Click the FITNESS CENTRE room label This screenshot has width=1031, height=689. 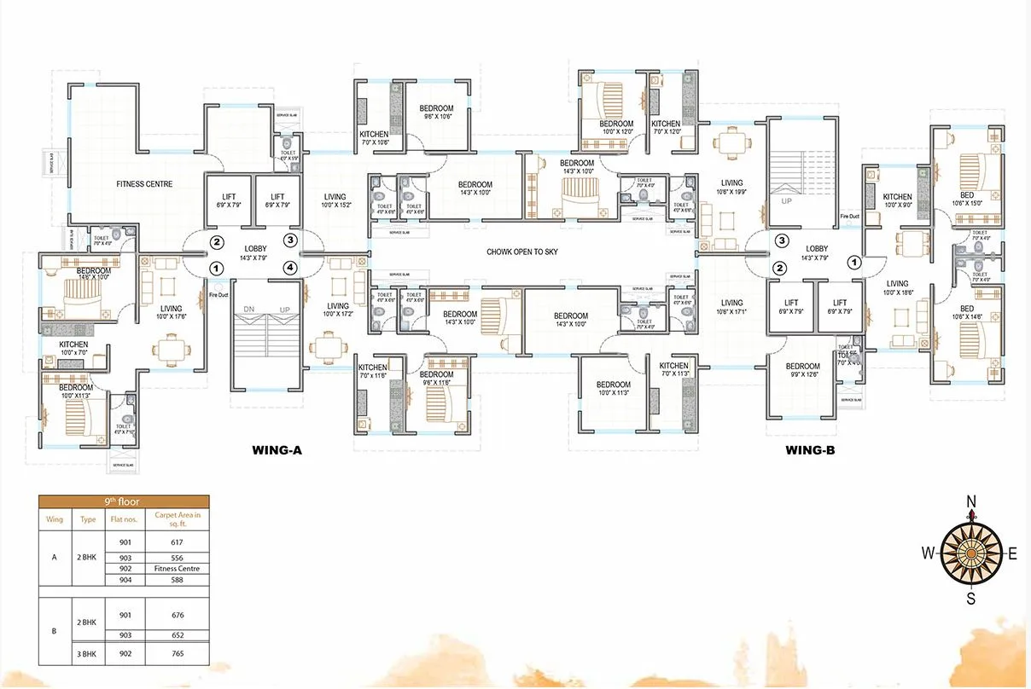coord(144,184)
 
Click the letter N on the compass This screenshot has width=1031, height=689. coord(970,501)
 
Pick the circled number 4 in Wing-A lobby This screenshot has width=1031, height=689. coord(291,268)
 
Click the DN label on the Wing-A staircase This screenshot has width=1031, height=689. coord(249,310)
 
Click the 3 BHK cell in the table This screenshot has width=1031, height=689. coord(88,654)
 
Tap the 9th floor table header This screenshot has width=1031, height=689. coord(123,501)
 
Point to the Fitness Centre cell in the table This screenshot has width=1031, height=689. coord(178,569)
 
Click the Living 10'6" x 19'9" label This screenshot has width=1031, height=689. coord(731,188)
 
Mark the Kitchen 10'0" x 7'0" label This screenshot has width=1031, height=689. coord(73,349)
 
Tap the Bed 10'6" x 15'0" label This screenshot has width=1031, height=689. coord(967,199)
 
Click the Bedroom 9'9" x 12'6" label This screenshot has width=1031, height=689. coord(803,371)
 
